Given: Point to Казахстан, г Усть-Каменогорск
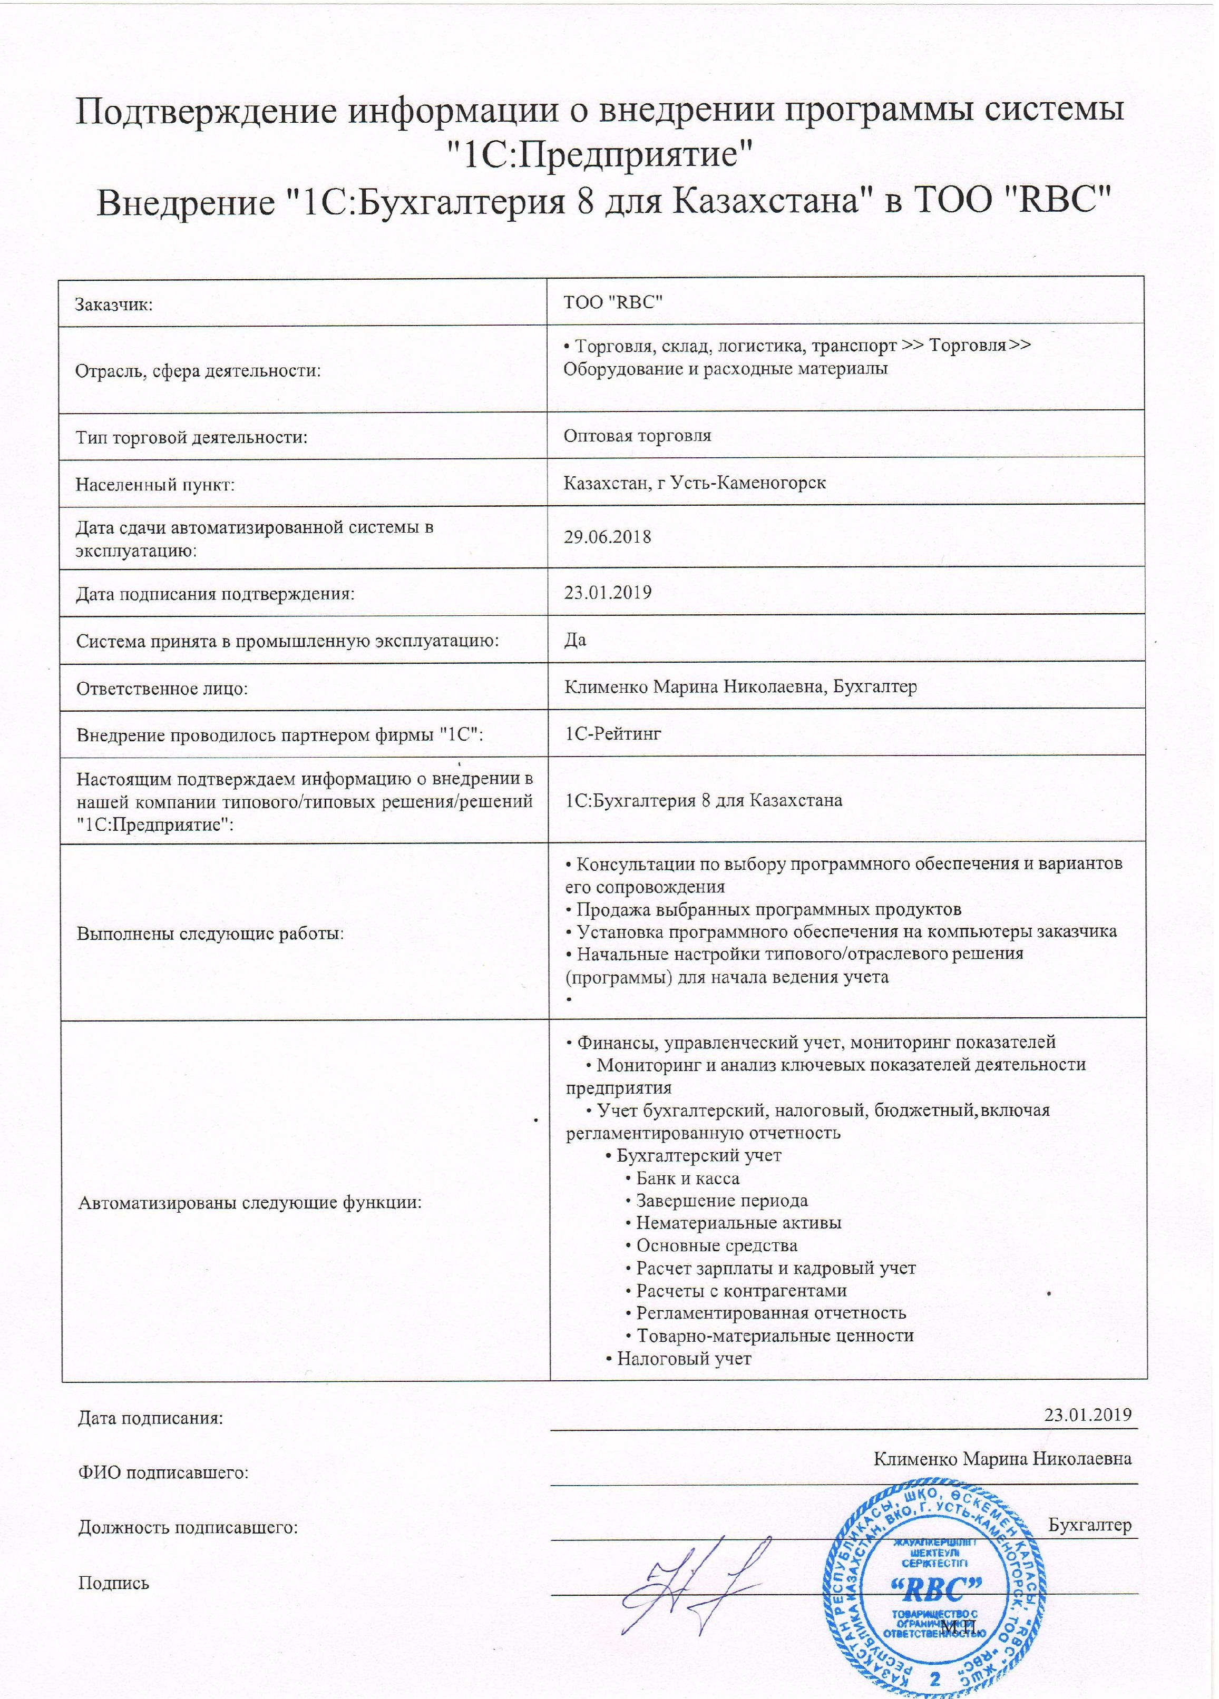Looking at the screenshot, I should [x=695, y=483].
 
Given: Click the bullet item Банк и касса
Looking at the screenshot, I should [x=687, y=1179].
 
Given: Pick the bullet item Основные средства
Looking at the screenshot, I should [x=716, y=1246].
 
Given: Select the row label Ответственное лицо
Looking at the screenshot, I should [x=162, y=688].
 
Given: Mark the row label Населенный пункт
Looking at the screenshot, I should [x=155, y=485].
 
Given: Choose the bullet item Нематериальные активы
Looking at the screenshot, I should [x=738, y=1223].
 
